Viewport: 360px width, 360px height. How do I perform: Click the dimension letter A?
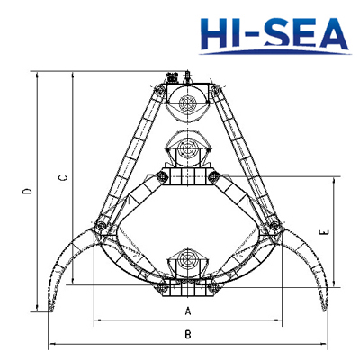click(188, 311)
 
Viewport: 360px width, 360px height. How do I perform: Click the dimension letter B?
click(188, 334)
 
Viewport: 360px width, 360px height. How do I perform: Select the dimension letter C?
click(63, 178)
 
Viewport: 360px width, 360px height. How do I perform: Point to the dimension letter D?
click(28, 191)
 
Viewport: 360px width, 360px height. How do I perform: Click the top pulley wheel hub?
click(187, 103)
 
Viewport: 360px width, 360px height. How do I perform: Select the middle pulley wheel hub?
click(187, 148)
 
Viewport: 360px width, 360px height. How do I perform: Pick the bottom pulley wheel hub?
click(187, 259)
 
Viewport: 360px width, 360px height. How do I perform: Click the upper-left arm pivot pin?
click(159, 89)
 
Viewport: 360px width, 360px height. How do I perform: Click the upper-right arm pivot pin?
click(215, 89)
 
